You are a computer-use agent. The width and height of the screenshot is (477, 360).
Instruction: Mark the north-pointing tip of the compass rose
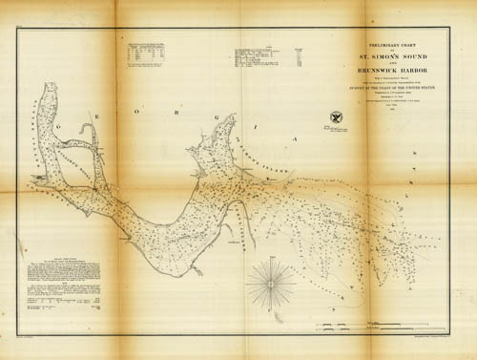tap(271, 259)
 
